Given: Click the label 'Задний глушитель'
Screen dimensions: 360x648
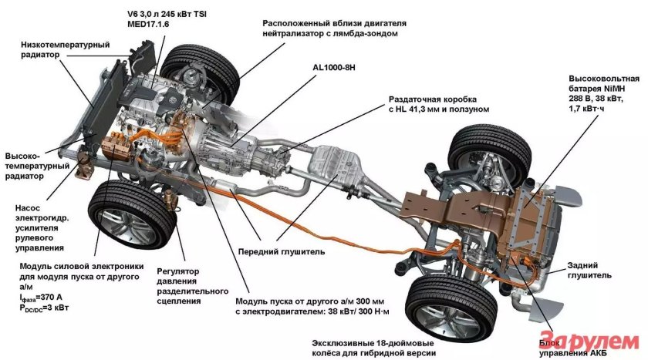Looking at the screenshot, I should (590, 268).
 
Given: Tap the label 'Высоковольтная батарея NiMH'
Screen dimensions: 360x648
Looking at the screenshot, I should (604, 84).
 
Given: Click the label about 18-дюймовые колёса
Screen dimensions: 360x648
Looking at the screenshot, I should (373, 346).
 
